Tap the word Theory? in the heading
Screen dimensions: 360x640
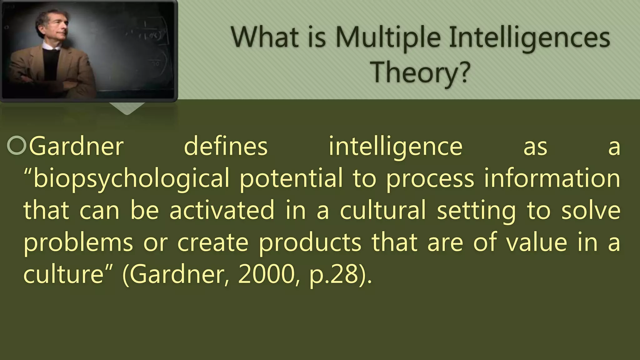(420, 72)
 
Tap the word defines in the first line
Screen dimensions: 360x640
(226, 146)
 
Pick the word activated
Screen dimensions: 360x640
(222, 210)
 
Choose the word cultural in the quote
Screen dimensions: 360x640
(383, 210)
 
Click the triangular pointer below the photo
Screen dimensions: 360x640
(127, 108)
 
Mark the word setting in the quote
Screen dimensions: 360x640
(476, 211)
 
